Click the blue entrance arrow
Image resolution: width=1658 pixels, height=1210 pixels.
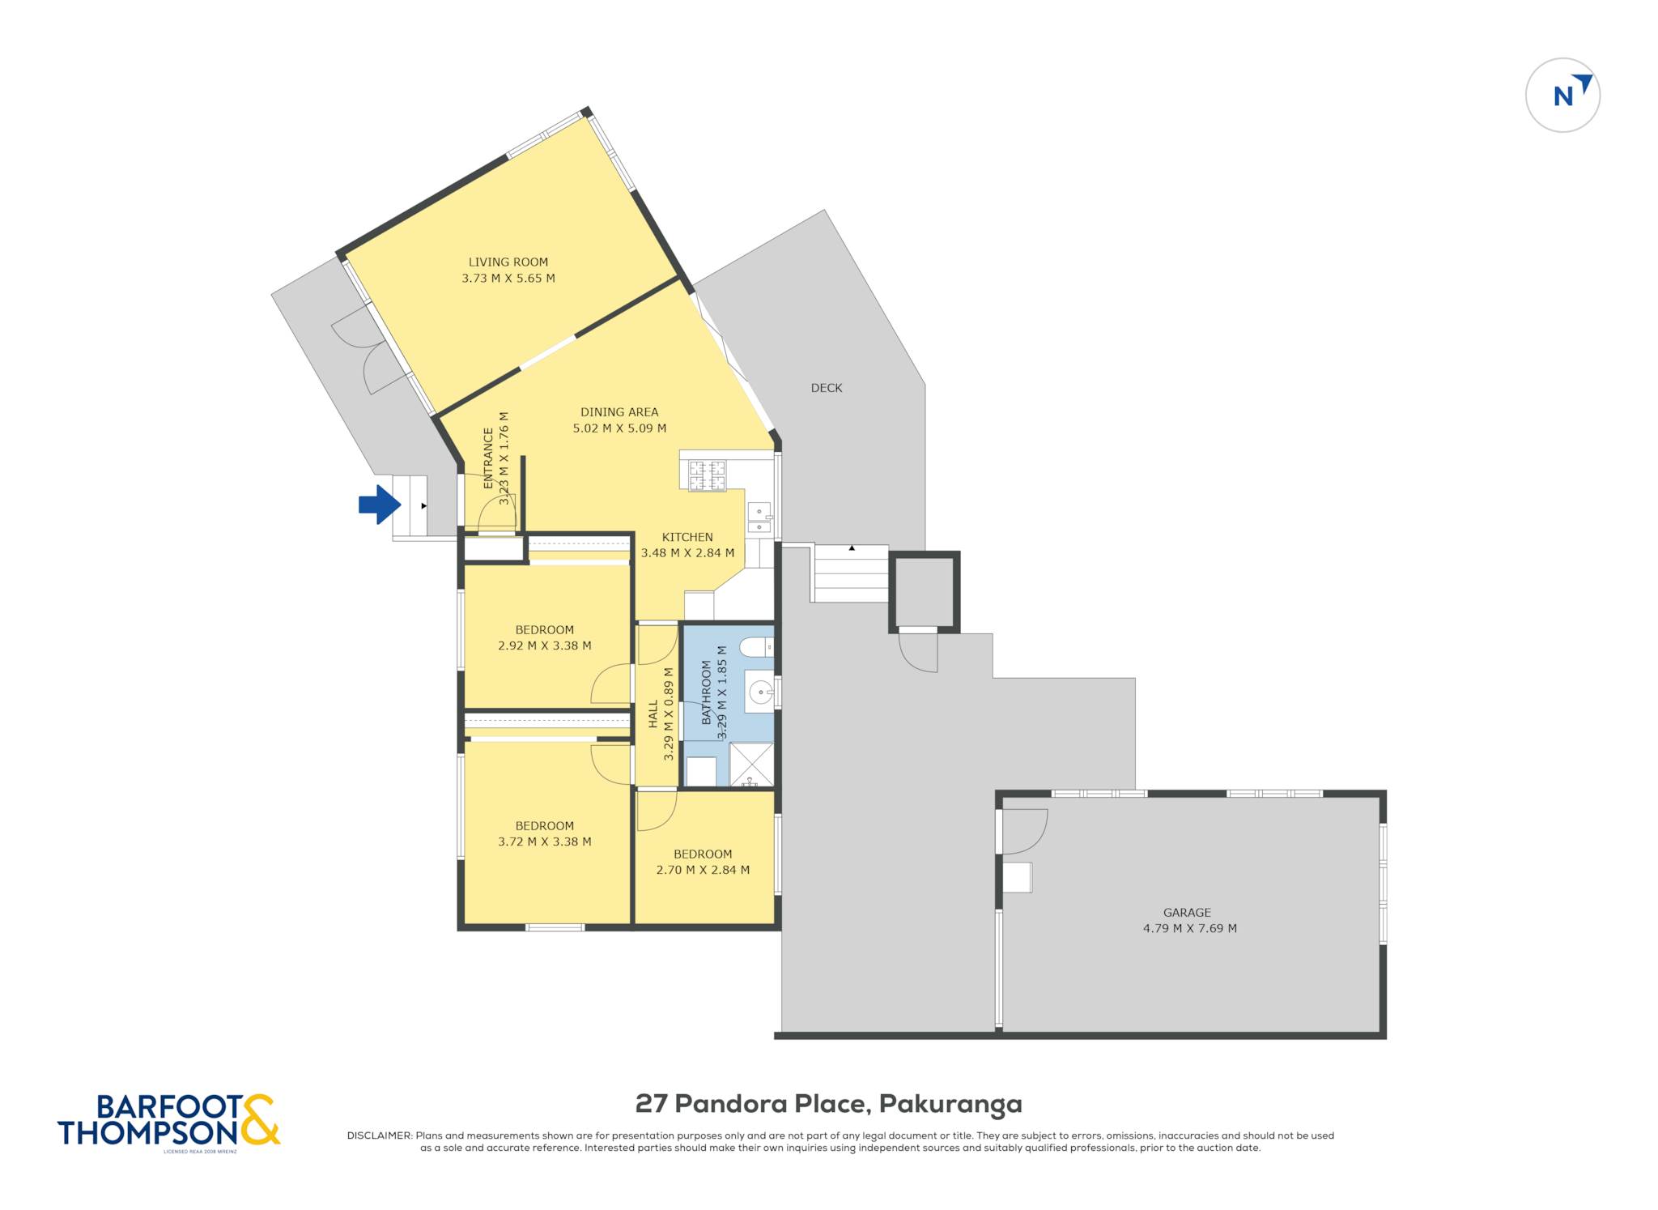(x=380, y=505)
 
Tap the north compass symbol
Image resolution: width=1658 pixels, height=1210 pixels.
(x=1562, y=95)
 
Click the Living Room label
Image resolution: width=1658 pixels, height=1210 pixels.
(x=508, y=262)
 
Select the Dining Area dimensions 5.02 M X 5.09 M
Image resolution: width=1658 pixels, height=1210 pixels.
(x=619, y=428)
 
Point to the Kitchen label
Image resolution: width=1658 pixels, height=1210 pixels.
(x=687, y=537)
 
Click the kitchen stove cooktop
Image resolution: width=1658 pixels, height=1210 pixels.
(x=707, y=475)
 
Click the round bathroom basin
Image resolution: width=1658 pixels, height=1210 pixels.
(x=760, y=692)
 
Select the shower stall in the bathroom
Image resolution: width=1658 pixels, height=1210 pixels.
(x=751, y=765)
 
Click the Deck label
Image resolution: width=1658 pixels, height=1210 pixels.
(x=827, y=388)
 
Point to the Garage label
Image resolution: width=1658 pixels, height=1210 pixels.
(x=1187, y=913)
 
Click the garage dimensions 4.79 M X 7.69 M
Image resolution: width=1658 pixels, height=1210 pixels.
(x=1189, y=929)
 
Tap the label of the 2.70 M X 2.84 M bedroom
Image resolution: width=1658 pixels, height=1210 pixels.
(x=703, y=854)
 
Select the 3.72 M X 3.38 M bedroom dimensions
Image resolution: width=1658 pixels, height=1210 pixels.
(x=544, y=841)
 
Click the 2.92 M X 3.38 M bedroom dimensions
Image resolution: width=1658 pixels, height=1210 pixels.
(x=544, y=646)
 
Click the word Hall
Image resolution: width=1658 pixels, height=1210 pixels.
(x=653, y=714)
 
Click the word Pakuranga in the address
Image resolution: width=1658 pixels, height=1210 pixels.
(x=950, y=1104)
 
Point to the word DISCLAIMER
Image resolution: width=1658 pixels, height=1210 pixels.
(x=379, y=1135)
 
